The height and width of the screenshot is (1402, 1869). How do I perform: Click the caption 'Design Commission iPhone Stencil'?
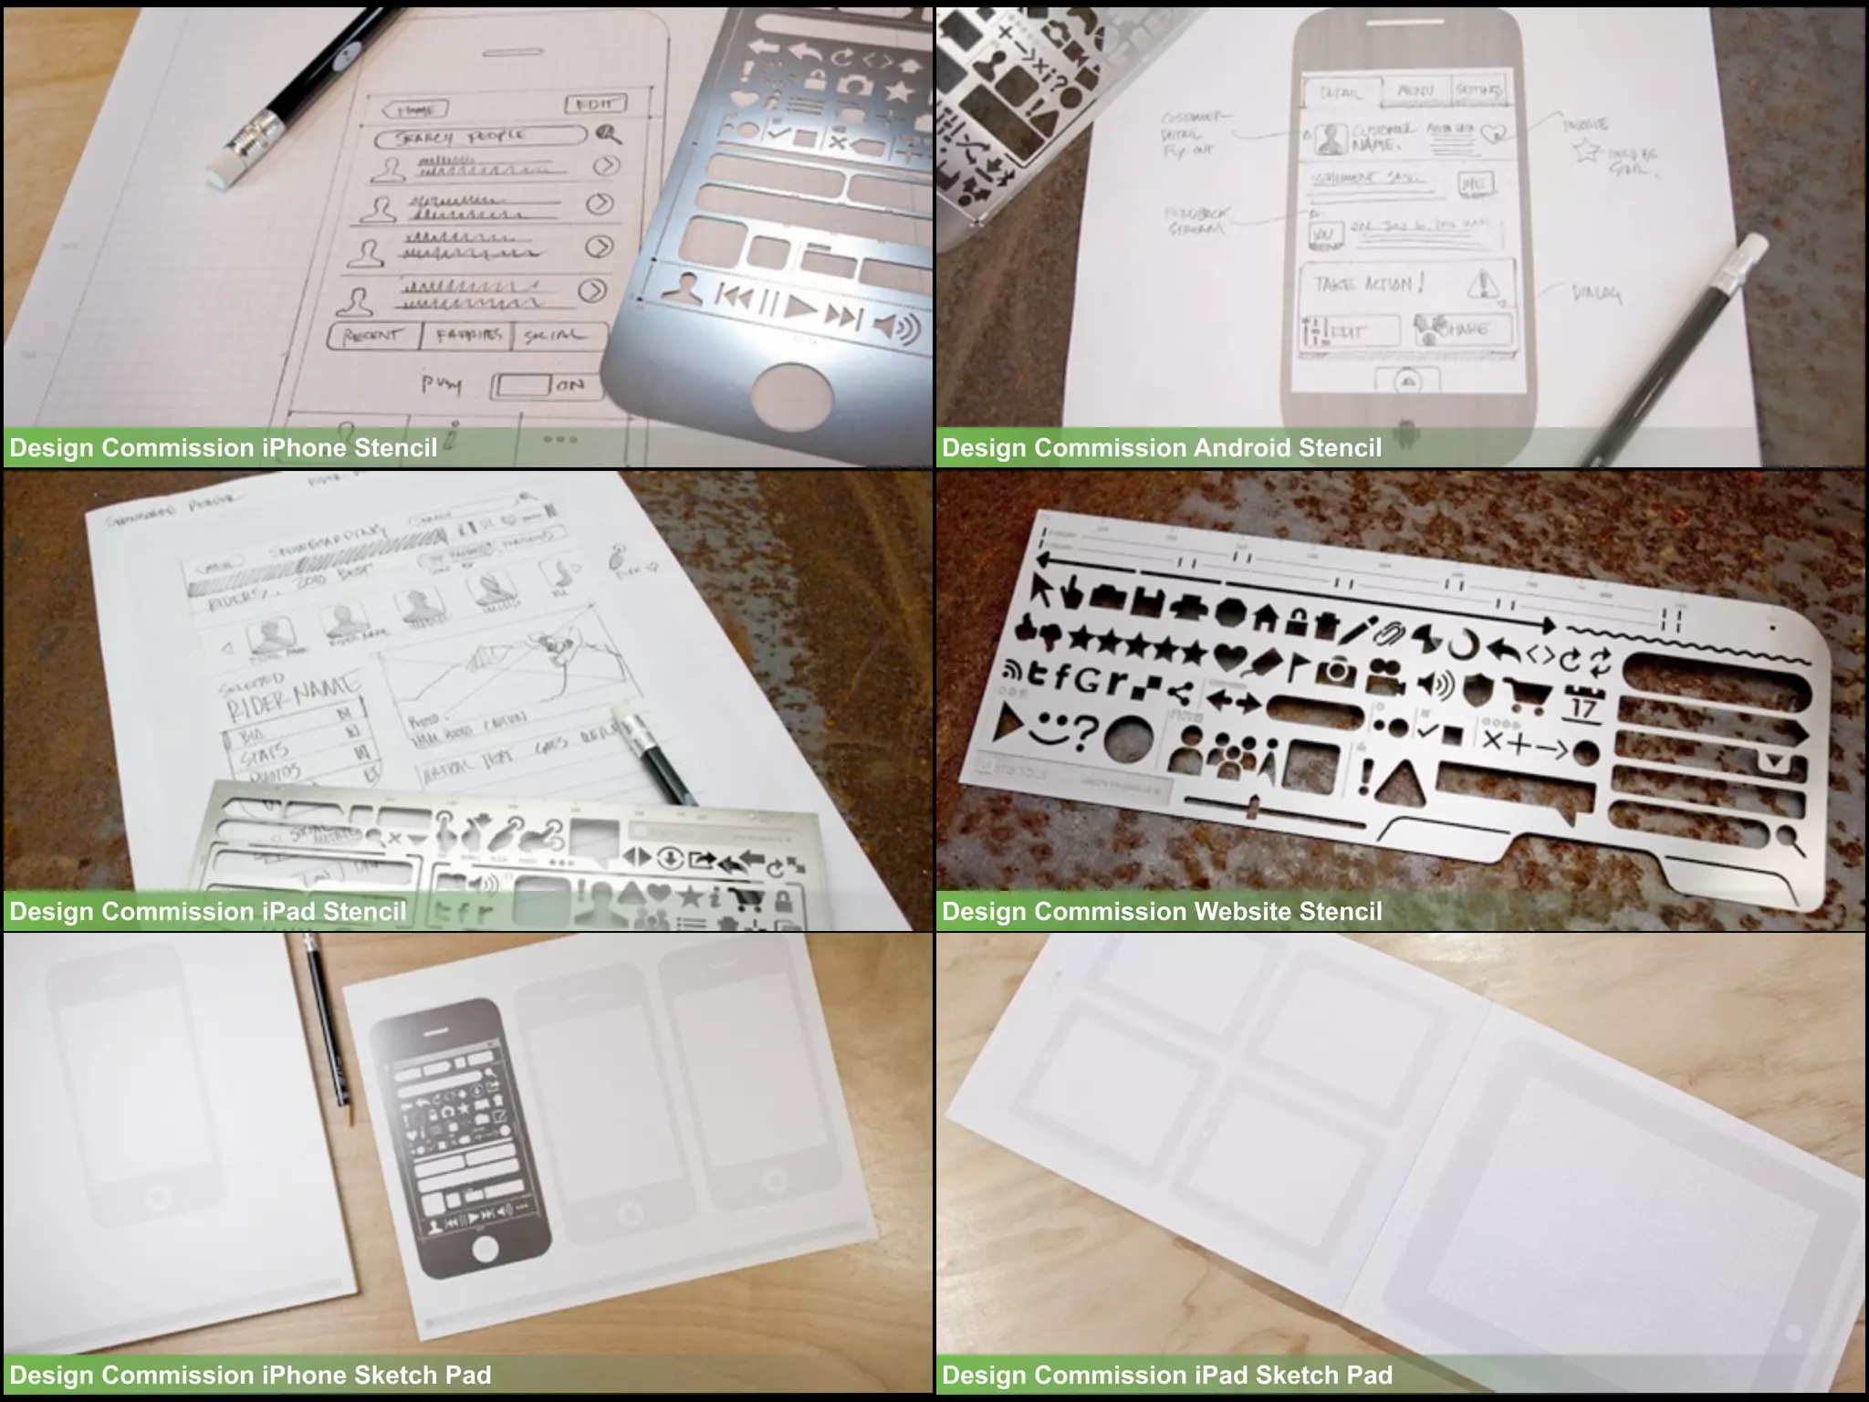pos(224,448)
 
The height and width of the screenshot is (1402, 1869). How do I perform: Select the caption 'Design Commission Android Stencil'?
pos(1162,448)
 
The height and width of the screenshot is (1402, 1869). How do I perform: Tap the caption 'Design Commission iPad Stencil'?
pos(208,911)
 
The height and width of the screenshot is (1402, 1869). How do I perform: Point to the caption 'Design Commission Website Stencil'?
pos(1162,911)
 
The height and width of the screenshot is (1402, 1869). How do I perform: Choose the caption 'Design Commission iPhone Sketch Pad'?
pos(250,1376)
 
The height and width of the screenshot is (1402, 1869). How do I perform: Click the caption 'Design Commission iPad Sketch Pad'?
pos(1167,1376)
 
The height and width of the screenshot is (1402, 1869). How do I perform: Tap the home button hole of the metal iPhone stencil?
pos(792,400)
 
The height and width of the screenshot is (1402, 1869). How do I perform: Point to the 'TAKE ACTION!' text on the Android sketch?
pos(1369,284)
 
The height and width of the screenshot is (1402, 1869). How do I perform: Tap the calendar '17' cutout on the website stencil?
pos(1584,706)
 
